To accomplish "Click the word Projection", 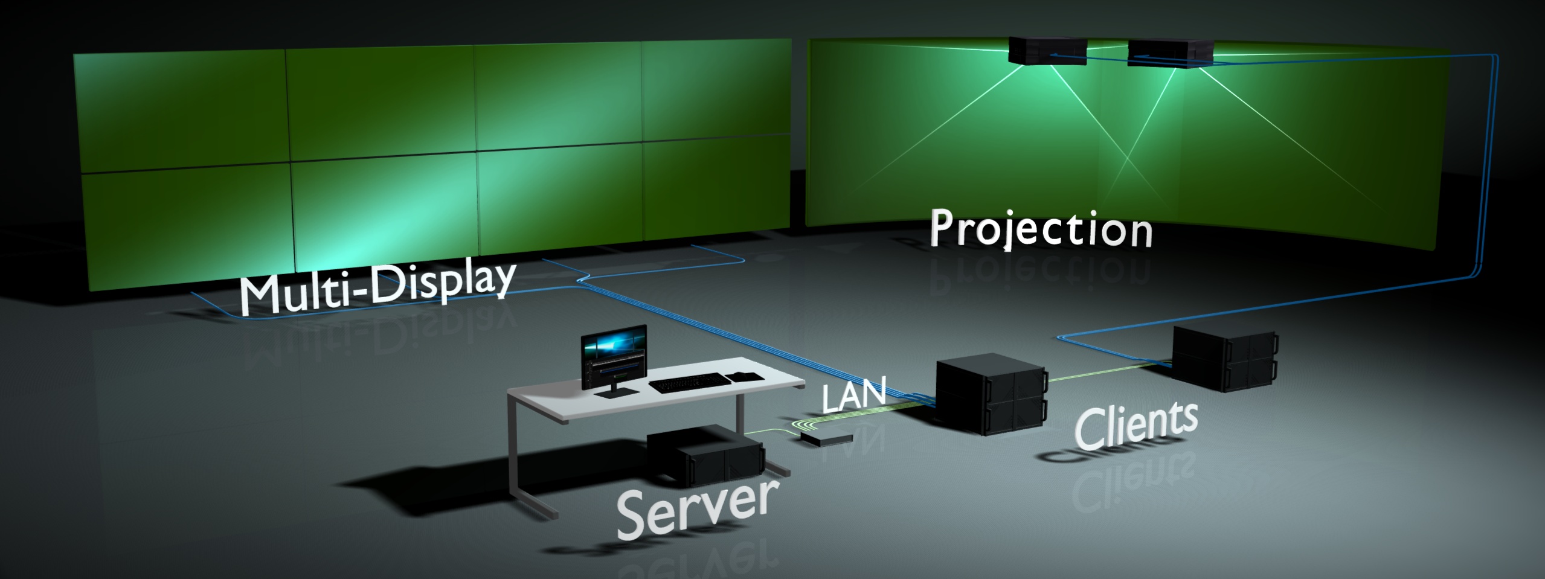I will point(1040,229).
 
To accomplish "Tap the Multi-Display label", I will point(377,289).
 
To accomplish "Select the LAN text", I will point(853,395).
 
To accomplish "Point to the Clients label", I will point(1135,427).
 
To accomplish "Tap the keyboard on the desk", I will point(690,382).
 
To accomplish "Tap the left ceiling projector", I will point(1048,50).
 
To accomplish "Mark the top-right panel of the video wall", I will point(716,91).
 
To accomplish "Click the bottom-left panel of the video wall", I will point(187,229).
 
